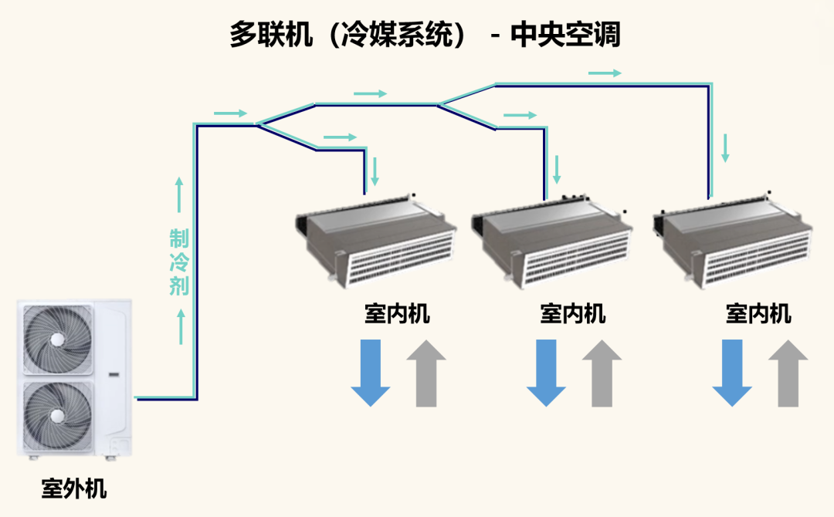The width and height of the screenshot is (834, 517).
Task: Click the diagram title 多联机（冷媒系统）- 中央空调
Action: click(x=425, y=35)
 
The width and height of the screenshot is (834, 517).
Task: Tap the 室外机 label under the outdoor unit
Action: click(x=74, y=488)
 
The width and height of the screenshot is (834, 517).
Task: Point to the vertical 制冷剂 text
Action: click(x=179, y=262)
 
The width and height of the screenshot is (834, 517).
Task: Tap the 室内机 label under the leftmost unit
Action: click(x=397, y=314)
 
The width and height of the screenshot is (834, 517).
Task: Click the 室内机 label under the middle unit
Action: click(x=573, y=314)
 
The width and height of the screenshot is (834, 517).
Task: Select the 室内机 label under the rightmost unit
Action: click(x=758, y=314)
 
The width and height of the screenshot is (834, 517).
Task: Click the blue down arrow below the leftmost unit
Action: click(x=371, y=373)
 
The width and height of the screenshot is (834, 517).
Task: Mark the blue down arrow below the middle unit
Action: click(x=547, y=373)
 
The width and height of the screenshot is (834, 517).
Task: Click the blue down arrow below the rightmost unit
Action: click(x=732, y=373)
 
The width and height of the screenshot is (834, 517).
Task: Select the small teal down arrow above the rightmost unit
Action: click(x=725, y=147)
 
